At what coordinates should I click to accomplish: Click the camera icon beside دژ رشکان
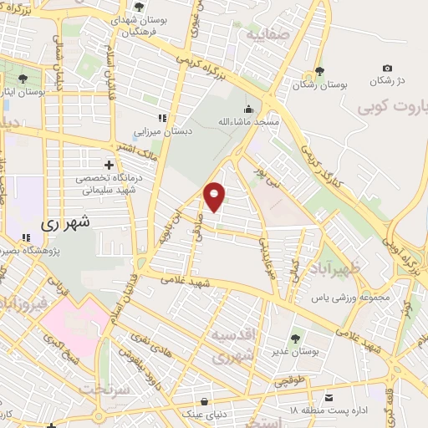click(386, 69)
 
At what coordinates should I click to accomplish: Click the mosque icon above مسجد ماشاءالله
click(248, 109)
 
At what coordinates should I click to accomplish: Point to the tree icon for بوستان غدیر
click(294, 339)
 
